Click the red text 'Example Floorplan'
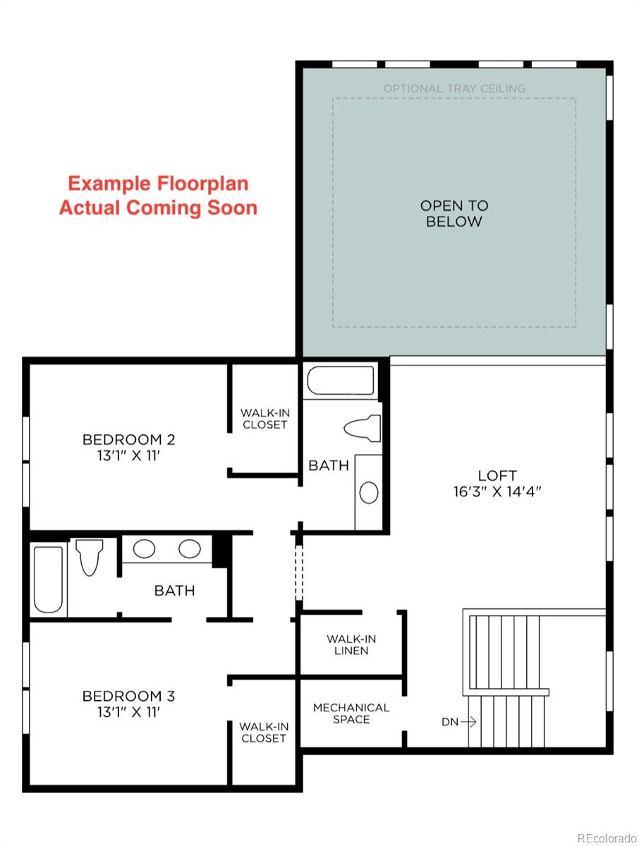tap(158, 184)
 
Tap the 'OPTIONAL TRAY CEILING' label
tap(454, 89)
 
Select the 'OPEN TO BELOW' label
tap(454, 214)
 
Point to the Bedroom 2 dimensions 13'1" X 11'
tap(128, 455)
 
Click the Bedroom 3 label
tap(128, 697)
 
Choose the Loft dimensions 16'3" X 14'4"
tap(497, 492)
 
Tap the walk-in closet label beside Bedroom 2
tap(264, 419)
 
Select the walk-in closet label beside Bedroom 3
tap(263, 732)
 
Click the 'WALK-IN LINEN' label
tap(351, 644)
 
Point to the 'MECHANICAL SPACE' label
tap(351, 713)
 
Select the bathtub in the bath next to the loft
tap(341, 381)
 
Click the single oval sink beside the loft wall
tap(369, 492)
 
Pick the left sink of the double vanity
tap(145, 548)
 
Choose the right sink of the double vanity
tap(189, 548)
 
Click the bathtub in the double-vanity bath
tap(49, 579)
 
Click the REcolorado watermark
tap(606, 838)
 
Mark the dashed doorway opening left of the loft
tap(298, 571)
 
